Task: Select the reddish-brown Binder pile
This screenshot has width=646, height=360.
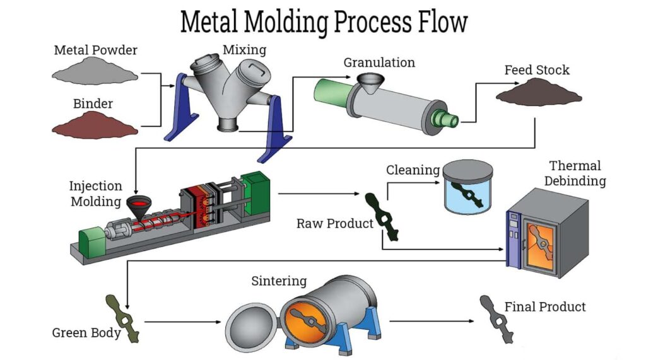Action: tap(95, 125)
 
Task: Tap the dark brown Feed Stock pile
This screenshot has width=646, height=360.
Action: tap(538, 94)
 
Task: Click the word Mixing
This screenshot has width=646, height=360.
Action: tap(244, 49)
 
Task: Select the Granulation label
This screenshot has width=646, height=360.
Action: tap(379, 62)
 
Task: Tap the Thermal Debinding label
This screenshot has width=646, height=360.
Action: tap(575, 173)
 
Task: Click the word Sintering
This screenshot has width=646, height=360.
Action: tap(279, 281)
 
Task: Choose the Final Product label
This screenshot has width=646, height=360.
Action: tap(545, 307)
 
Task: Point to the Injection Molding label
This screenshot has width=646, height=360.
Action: tap(95, 194)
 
